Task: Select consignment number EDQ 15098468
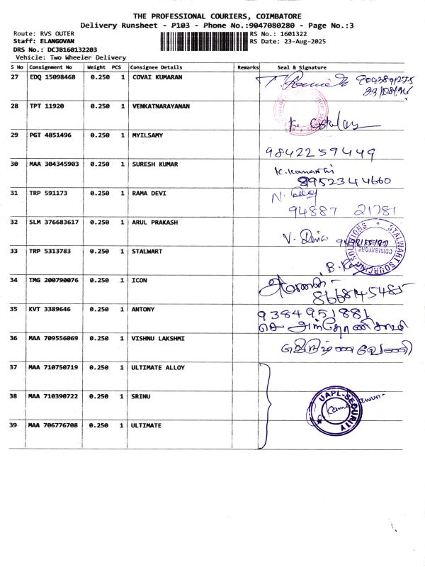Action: [x=52, y=77]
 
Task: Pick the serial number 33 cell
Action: [x=14, y=251]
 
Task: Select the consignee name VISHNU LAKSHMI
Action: [x=157, y=338]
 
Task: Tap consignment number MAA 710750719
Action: [x=53, y=367]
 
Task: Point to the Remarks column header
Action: [x=248, y=66]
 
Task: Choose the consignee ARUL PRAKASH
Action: [x=155, y=222]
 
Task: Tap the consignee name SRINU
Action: [x=142, y=396]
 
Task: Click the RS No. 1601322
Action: [x=281, y=33]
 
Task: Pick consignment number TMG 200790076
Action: [x=53, y=280]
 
